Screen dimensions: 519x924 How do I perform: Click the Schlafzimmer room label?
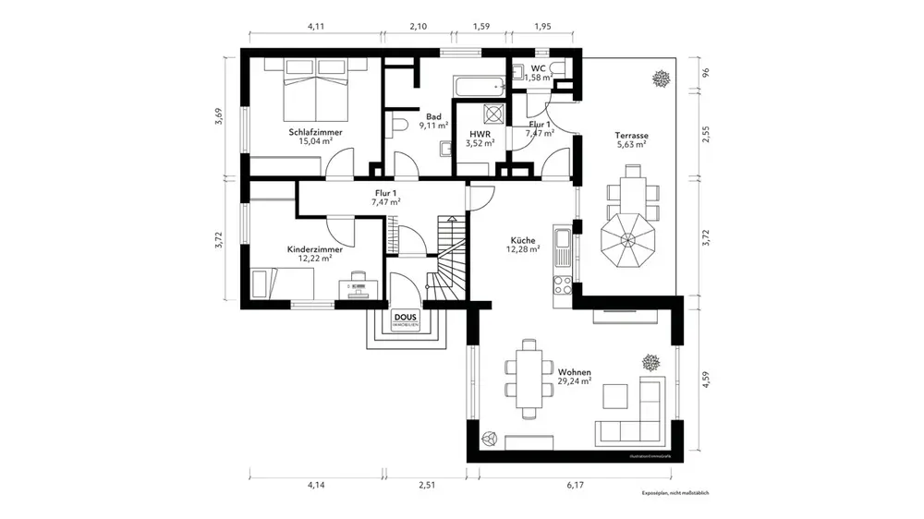(315, 132)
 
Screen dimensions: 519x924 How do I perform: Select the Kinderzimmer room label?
(314, 248)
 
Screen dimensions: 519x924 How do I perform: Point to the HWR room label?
(480, 132)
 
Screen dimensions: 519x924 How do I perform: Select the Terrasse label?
(632, 136)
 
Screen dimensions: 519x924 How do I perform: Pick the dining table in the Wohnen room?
(529, 377)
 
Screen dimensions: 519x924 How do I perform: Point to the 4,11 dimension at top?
(315, 28)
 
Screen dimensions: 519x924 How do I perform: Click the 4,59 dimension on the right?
(705, 380)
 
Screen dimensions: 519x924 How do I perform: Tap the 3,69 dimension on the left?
(219, 115)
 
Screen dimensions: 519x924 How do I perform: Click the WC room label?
(539, 67)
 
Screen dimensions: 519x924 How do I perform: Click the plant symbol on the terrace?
(660, 78)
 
